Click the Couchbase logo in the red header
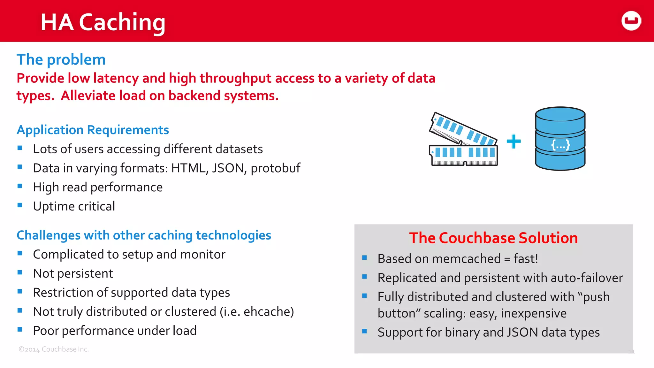pyautogui.click(x=631, y=21)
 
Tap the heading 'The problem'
pyautogui.click(x=61, y=60)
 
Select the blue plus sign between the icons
pyautogui.click(x=513, y=141)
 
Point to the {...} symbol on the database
pyautogui.click(x=560, y=145)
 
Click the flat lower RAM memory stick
pyautogui.click(x=463, y=156)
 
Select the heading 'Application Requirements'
pyautogui.click(x=93, y=130)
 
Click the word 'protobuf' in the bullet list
pyautogui.click(x=275, y=168)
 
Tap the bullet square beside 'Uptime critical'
pyautogui.click(x=20, y=205)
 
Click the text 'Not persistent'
pyautogui.click(x=73, y=273)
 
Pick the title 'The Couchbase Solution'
pyautogui.click(x=493, y=238)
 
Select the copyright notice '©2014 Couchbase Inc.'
pyautogui.click(x=54, y=349)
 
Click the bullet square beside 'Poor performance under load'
pyautogui.click(x=20, y=330)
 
